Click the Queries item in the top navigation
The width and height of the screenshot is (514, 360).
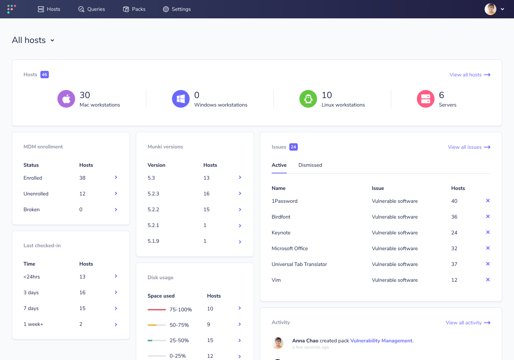pos(92,9)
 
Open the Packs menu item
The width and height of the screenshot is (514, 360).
pos(134,9)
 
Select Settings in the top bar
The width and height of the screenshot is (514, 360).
pos(177,9)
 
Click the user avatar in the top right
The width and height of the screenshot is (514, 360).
pos(490,9)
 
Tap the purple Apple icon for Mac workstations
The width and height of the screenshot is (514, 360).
pos(66,99)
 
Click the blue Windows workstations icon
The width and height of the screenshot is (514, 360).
pos(181,99)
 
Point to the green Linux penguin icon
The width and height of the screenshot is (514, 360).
pos(308,99)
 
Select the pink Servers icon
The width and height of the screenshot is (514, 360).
pos(426,99)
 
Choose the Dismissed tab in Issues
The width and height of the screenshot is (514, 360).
pos(310,165)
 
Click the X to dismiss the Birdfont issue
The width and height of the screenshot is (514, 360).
pos(488,216)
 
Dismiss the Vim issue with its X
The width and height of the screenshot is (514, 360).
pos(488,280)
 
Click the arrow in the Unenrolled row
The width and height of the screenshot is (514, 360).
pos(116,194)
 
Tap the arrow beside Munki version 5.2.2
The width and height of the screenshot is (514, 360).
pos(240,210)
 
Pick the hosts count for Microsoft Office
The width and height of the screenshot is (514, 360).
pos(454,248)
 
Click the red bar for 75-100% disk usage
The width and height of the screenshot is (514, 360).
pos(157,310)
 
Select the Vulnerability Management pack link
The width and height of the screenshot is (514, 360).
pos(381,341)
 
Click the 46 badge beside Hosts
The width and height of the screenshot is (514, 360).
pos(44,75)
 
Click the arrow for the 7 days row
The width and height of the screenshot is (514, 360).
pos(116,309)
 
